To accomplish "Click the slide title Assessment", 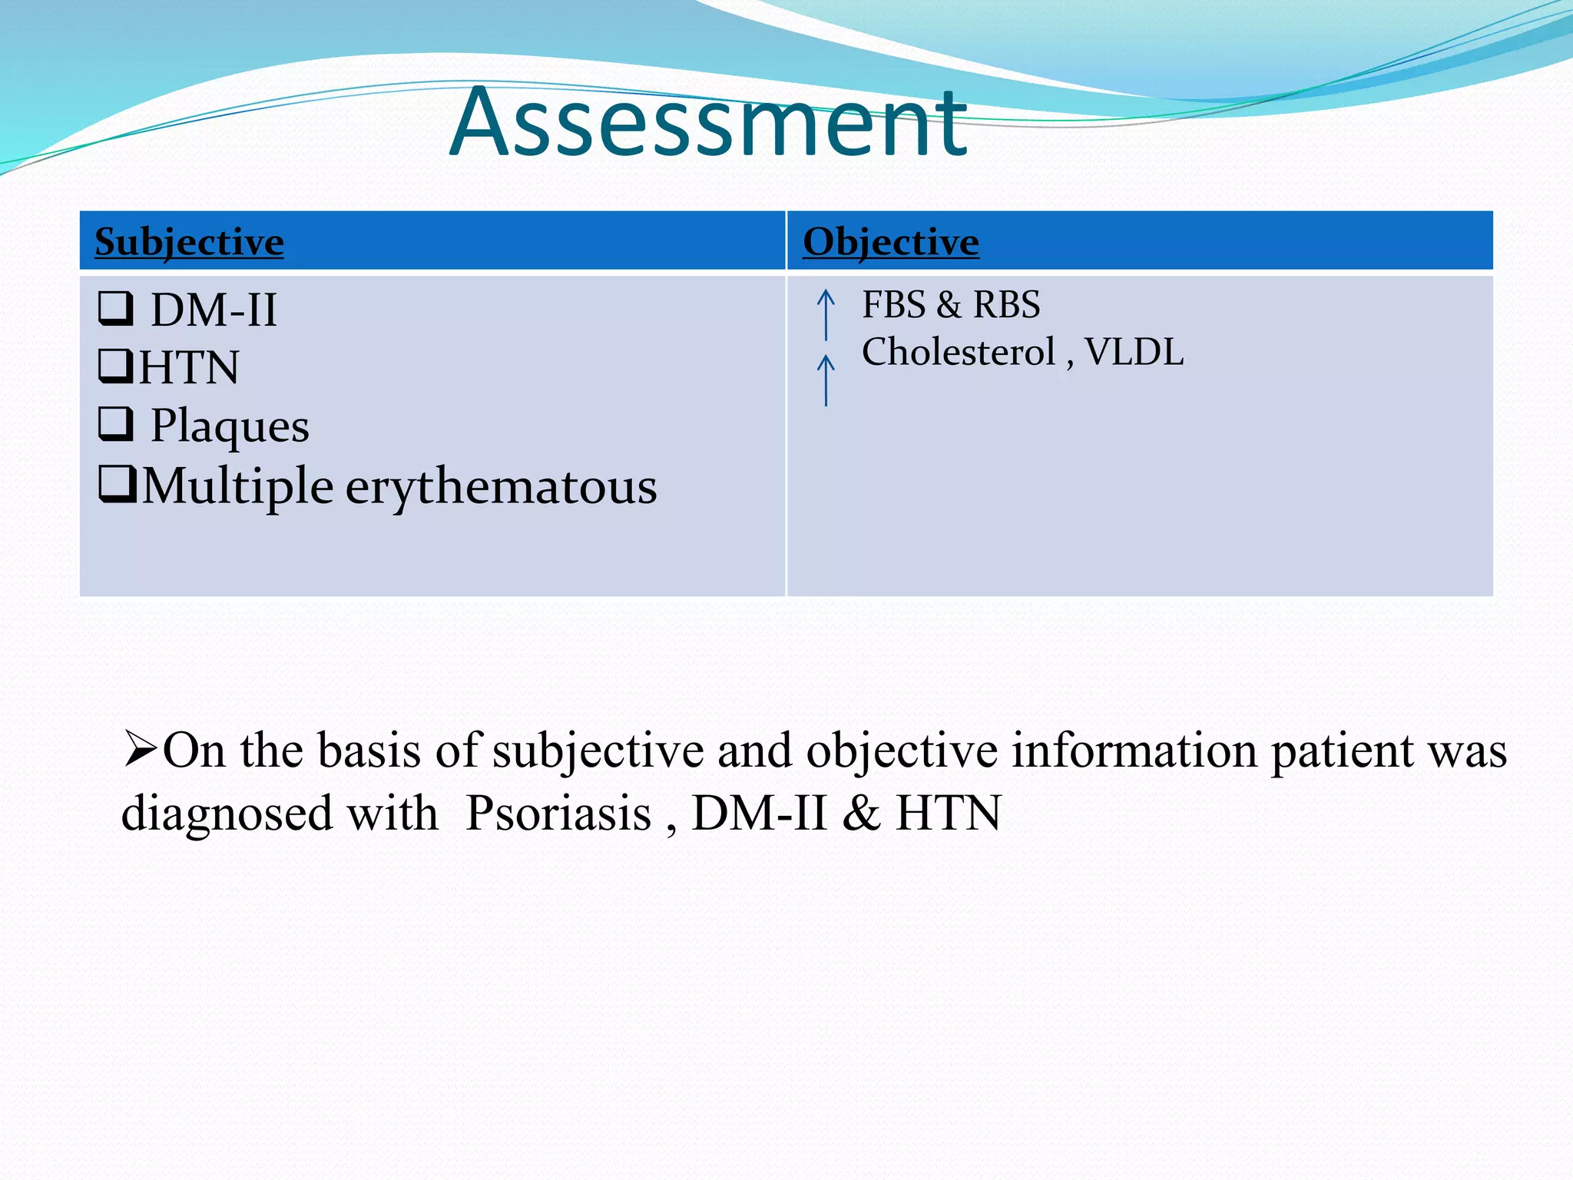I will click(707, 123).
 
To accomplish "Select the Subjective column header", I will click(189, 242).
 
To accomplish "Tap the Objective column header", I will click(890, 242).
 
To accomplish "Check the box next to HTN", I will click(116, 366).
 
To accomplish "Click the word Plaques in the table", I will click(230, 426).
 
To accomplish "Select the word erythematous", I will click(501, 487).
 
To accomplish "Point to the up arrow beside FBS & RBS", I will click(826, 313).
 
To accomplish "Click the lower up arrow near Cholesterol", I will click(826, 380).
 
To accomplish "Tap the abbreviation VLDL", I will click(1134, 353).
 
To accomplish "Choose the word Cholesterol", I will click(958, 353).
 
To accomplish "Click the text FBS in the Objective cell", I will click(893, 305).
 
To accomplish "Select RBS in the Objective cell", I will click(1006, 305).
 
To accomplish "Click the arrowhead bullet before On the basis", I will click(141, 750).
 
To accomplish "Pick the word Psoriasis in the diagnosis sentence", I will click(558, 814).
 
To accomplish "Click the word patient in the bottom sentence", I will click(1342, 751).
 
